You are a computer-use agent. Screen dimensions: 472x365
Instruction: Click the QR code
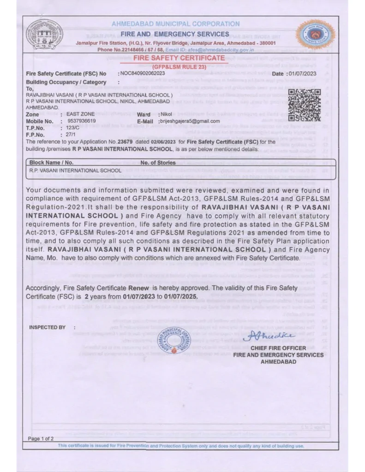point(304,105)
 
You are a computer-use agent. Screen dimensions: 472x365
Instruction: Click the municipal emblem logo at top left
point(45,36)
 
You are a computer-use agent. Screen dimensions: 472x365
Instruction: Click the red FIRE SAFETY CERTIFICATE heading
point(179,59)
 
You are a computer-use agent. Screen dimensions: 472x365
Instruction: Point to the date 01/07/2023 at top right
point(300,74)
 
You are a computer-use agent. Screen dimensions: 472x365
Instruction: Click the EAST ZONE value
point(80,114)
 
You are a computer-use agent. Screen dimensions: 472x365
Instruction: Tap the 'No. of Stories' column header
point(158,163)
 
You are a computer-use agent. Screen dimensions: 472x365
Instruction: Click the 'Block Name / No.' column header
point(51,163)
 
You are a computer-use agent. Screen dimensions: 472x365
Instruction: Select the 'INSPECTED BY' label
point(47,327)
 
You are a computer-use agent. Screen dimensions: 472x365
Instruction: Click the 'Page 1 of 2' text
point(41,438)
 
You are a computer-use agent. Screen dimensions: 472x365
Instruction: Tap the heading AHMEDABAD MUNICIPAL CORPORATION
point(175,24)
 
